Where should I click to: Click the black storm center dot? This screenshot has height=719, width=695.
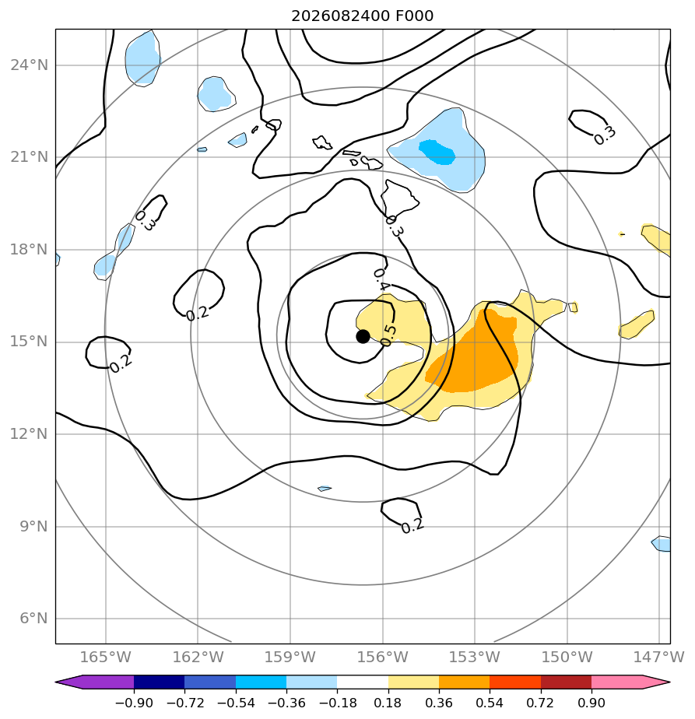tap(363, 337)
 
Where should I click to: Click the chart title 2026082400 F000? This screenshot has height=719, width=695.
tap(363, 16)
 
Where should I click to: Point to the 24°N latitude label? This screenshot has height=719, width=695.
tap(29, 65)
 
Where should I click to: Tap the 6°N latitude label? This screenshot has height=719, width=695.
tap(33, 619)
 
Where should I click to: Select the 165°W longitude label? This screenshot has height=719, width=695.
tap(106, 657)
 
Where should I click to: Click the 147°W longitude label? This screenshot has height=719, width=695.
tap(658, 657)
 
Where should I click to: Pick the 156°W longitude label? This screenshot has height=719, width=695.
tap(382, 657)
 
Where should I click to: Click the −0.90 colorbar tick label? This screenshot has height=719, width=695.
tap(134, 703)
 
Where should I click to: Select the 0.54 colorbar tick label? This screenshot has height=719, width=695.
tap(490, 703)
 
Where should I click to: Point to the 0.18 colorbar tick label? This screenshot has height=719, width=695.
tap(388, 703)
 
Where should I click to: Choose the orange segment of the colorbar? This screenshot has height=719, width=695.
tap(465, 682)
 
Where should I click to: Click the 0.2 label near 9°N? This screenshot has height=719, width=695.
tap(412, 526)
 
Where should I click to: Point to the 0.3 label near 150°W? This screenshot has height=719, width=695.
tap(604, 135)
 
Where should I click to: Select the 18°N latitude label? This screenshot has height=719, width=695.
tap(29, 250)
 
